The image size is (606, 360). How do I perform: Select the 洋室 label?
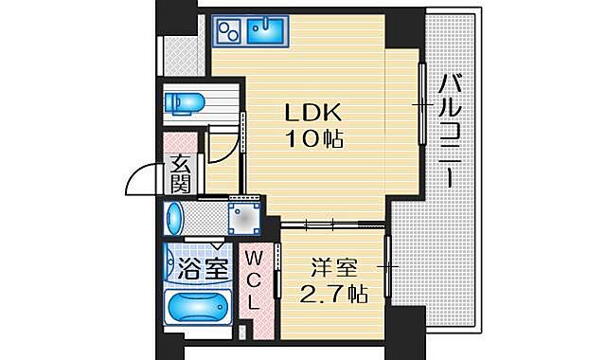pos(332,268)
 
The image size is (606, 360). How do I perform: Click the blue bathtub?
pos(198,311)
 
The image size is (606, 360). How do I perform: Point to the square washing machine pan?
pos(245,218)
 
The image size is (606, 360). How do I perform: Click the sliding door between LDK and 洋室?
pos(332,224)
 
